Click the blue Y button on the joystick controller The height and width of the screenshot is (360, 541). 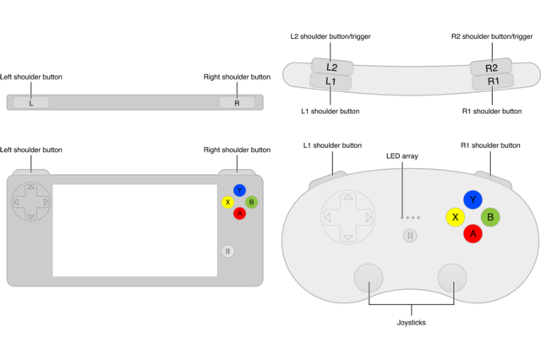473,199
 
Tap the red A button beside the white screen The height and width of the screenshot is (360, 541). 239,213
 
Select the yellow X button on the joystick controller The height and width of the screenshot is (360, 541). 456,216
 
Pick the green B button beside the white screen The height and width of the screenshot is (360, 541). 251,202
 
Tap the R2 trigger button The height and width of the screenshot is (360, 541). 492,68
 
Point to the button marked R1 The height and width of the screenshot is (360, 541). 492,82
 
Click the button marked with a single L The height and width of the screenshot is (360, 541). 31,102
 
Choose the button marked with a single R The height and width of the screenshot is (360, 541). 237,102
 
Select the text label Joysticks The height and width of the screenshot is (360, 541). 411,322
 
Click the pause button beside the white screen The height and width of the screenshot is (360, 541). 227,251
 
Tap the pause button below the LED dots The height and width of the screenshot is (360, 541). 410,235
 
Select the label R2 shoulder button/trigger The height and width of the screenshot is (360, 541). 491,35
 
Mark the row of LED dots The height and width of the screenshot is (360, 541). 410,218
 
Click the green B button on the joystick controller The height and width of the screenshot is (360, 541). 490,216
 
